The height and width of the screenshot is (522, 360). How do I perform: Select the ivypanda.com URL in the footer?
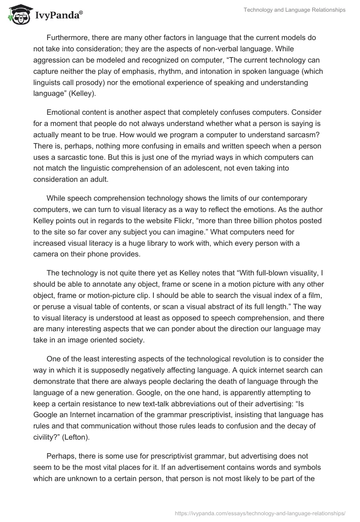pyautogui.click(x=261, y=512)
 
